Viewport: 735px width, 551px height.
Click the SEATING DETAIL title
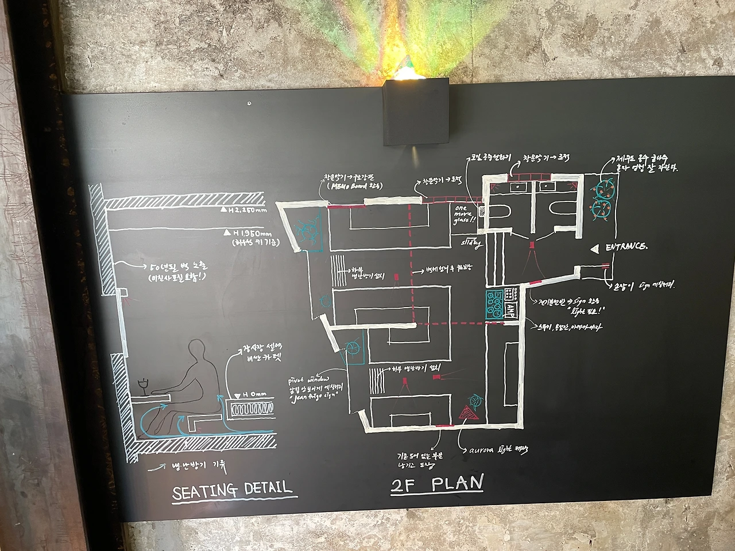coord(232,490)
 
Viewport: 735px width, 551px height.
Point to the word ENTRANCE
coord(625,247)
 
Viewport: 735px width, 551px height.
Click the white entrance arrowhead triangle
coord(596,248)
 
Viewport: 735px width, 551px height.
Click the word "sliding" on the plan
coord(469,244)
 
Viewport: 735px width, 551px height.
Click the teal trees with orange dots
coord(603,198)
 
